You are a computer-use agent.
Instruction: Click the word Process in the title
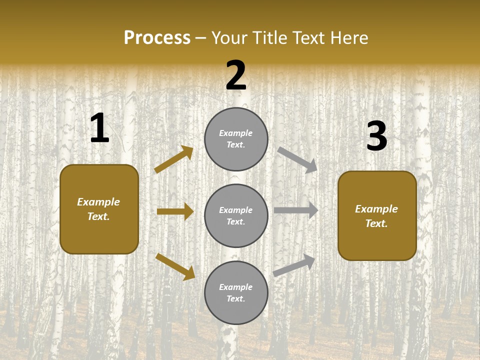(157, 38)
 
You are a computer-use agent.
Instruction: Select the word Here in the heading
(347, 38)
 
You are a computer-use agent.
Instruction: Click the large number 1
(99, 128)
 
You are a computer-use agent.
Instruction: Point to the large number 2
(236, 75)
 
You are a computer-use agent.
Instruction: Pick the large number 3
(376, 136)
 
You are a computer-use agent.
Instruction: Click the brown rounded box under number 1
(99, 209)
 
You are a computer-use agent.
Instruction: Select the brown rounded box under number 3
(377, 216)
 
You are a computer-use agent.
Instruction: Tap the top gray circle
(236, 139)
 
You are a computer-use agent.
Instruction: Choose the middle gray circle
(236, 216)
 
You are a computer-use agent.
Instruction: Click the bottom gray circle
(236, 293)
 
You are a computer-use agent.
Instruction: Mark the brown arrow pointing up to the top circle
(174, 159)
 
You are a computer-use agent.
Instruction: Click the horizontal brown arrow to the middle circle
(175, 211)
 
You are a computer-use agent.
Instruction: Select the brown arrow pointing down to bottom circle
(175, 266)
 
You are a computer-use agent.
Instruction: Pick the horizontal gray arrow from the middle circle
(296, 210)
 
